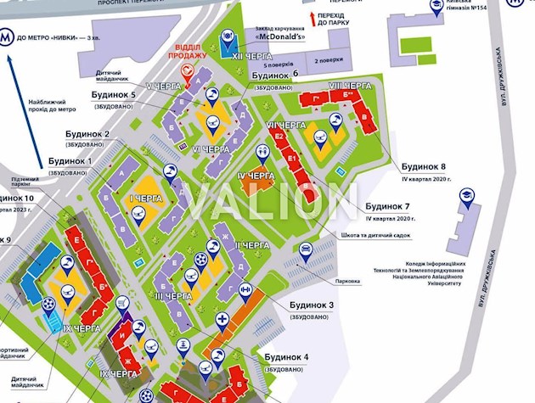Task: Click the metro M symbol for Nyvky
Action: (7, 36)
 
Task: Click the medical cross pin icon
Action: (222, 320)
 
